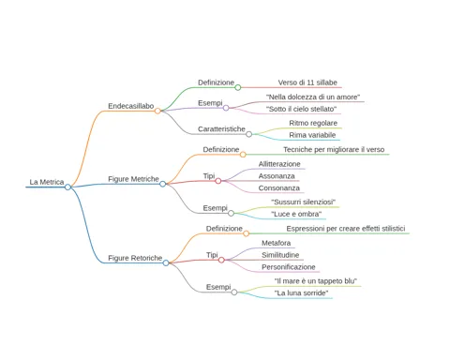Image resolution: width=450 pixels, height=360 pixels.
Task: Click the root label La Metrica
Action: tap(47, 182)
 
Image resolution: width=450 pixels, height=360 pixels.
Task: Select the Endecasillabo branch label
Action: tap(131, 106)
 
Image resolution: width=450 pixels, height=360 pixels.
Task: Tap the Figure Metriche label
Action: tap(133, 179)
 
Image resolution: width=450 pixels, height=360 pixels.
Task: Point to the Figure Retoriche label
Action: tap(135, 258)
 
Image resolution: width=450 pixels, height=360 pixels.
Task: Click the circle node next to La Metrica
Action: tap(67, 187)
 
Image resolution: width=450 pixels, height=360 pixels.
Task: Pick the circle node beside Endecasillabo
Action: tap(157, 111)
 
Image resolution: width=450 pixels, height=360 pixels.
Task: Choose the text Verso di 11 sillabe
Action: tap(307, 82)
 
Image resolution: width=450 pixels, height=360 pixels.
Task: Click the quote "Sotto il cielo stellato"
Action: tap(301, 109)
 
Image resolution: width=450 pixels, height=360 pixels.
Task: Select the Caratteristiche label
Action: tap(221, 129)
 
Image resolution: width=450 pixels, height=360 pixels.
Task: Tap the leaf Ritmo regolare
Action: tap(313, 123)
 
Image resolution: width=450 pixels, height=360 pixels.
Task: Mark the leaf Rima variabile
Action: tap(312, 135)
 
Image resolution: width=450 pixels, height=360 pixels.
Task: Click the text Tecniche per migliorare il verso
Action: tap(334, 150)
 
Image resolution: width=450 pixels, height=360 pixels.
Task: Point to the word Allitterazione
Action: tap(279, 164)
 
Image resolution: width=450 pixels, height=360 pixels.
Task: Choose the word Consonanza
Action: tap(278, 188)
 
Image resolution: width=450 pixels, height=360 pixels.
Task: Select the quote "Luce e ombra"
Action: tap(296, 214)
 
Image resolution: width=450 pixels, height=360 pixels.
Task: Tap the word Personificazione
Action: tap(289, 267)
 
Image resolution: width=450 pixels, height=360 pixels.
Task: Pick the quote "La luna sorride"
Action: tap(301, 293)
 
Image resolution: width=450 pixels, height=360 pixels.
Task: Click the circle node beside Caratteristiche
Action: tap(248, 134)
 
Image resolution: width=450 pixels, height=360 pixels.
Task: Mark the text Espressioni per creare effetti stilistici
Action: tap(346, 229)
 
